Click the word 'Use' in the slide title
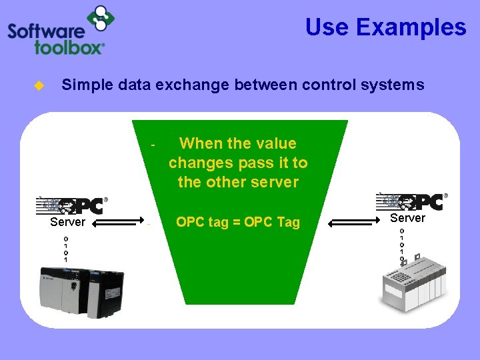(327, 27)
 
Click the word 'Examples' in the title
(411, 27)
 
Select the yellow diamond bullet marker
(39, 85)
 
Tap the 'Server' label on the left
(67, 222)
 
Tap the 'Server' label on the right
(407, 218)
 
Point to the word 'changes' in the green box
(197, 163)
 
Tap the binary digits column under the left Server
(65, 248)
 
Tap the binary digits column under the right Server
(401, 244)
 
